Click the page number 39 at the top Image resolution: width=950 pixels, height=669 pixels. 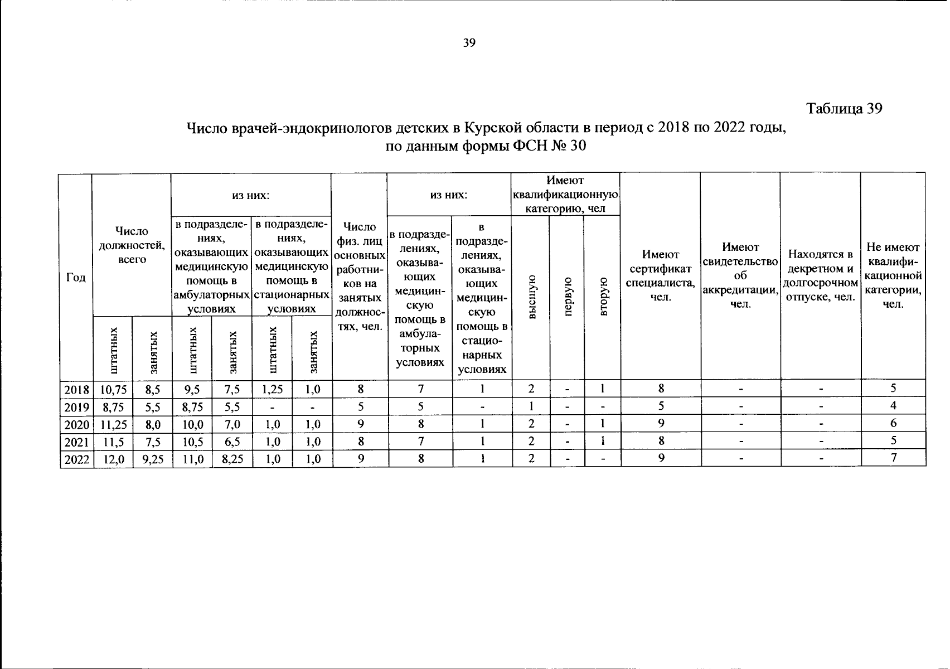click(x=469, y=43)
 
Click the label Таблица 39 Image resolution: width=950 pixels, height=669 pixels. click(x=844, y=109)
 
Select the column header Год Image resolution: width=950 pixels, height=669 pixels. click(x=76, y=277)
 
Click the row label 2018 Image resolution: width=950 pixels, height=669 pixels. click(x=76, y=389)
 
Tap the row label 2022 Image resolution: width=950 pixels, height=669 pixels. click(x=76, y=459)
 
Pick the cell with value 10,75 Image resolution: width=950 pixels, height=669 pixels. click(x=113, y=389)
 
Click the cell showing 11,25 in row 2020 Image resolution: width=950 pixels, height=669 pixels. click(x=113, y=424)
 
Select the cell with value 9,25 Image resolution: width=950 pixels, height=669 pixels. click(x=153, y=459)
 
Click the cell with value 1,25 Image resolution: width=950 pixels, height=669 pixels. click(x=272, y=389)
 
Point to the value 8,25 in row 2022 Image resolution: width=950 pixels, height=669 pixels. click(x=232, y=459)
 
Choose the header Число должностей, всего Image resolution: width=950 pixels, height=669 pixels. click(x=132, y=245)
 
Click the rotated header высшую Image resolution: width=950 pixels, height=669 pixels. click(x=531, y=297)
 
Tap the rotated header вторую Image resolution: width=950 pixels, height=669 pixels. click(x=602, y=297)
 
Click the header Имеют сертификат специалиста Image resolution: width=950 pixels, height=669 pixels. click(x=660, y=276)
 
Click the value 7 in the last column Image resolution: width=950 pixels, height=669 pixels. click(x=893, y=459)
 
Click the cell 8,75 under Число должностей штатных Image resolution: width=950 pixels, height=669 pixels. click(x=113, y=407)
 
